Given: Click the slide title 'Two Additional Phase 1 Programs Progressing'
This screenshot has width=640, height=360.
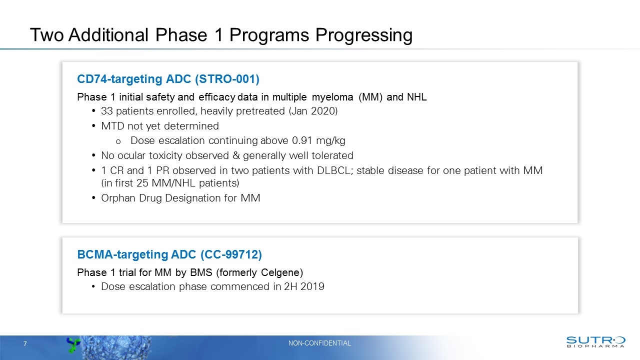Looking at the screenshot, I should [x=221, y=35].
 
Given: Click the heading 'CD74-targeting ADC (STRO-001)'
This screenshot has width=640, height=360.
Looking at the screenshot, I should [x=168, y=79].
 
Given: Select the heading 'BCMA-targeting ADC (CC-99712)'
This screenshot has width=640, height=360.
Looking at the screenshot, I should [x=169, y=254].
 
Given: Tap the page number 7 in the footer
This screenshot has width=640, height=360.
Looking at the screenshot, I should [x=25, y=343].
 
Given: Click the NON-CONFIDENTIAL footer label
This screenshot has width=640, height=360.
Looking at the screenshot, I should [x=320, y=343].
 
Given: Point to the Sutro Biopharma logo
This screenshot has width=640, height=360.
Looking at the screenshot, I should [x=595, y=341].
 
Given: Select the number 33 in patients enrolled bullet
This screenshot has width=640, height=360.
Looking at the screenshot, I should [x=106, y=111].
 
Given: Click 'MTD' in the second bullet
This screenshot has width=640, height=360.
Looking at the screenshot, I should [x=112, y=125].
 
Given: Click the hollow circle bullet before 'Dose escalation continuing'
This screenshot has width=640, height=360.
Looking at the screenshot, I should [x=118, y=140].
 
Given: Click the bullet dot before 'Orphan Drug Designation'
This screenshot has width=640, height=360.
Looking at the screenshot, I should [x=95, y=198].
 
